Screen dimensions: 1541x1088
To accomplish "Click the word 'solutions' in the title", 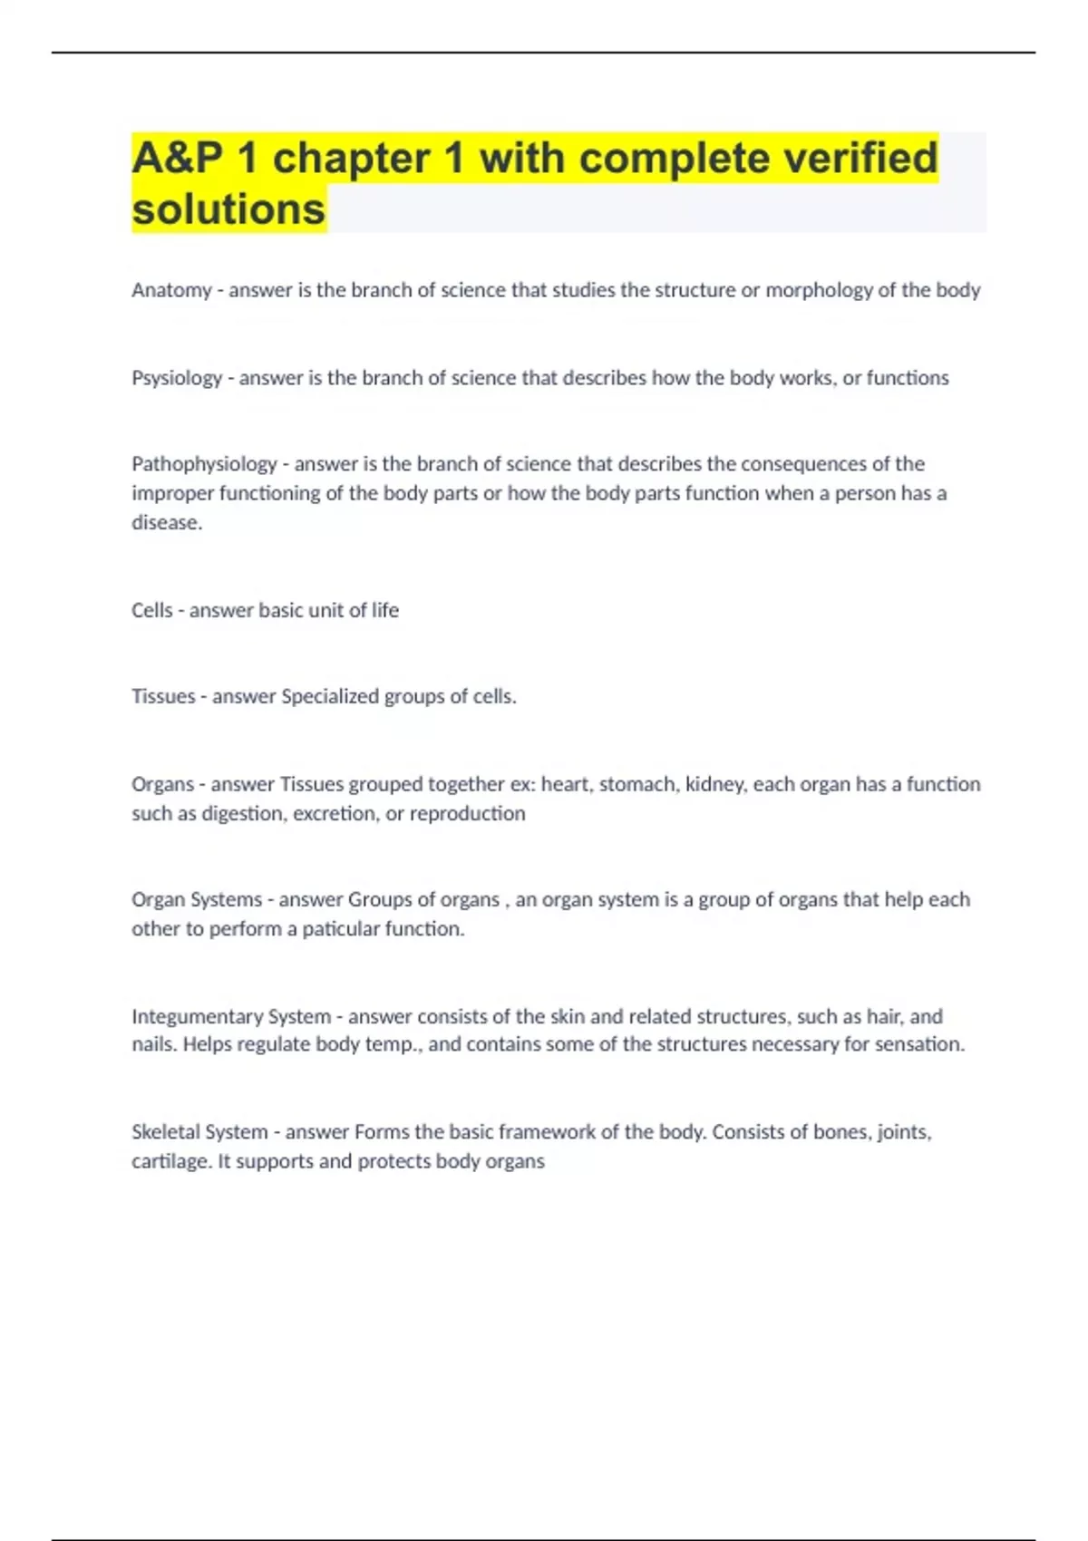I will coord(228,208).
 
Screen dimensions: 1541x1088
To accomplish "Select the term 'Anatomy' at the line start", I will coord(171,290).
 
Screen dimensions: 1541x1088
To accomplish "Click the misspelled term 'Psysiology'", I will coord(177,378).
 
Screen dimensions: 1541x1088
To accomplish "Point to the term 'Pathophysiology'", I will coord(204,464).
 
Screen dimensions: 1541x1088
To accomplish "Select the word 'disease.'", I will coord(167,522).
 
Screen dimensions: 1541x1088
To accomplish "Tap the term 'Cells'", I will coord(151,610).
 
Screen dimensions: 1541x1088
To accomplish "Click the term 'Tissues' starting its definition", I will coord(163,696).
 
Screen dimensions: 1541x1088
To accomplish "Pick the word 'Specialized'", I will coord(330,696).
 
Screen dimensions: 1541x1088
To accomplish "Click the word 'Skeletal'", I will coord(165,1132).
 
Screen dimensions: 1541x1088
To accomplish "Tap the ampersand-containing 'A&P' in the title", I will coord(178,158).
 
